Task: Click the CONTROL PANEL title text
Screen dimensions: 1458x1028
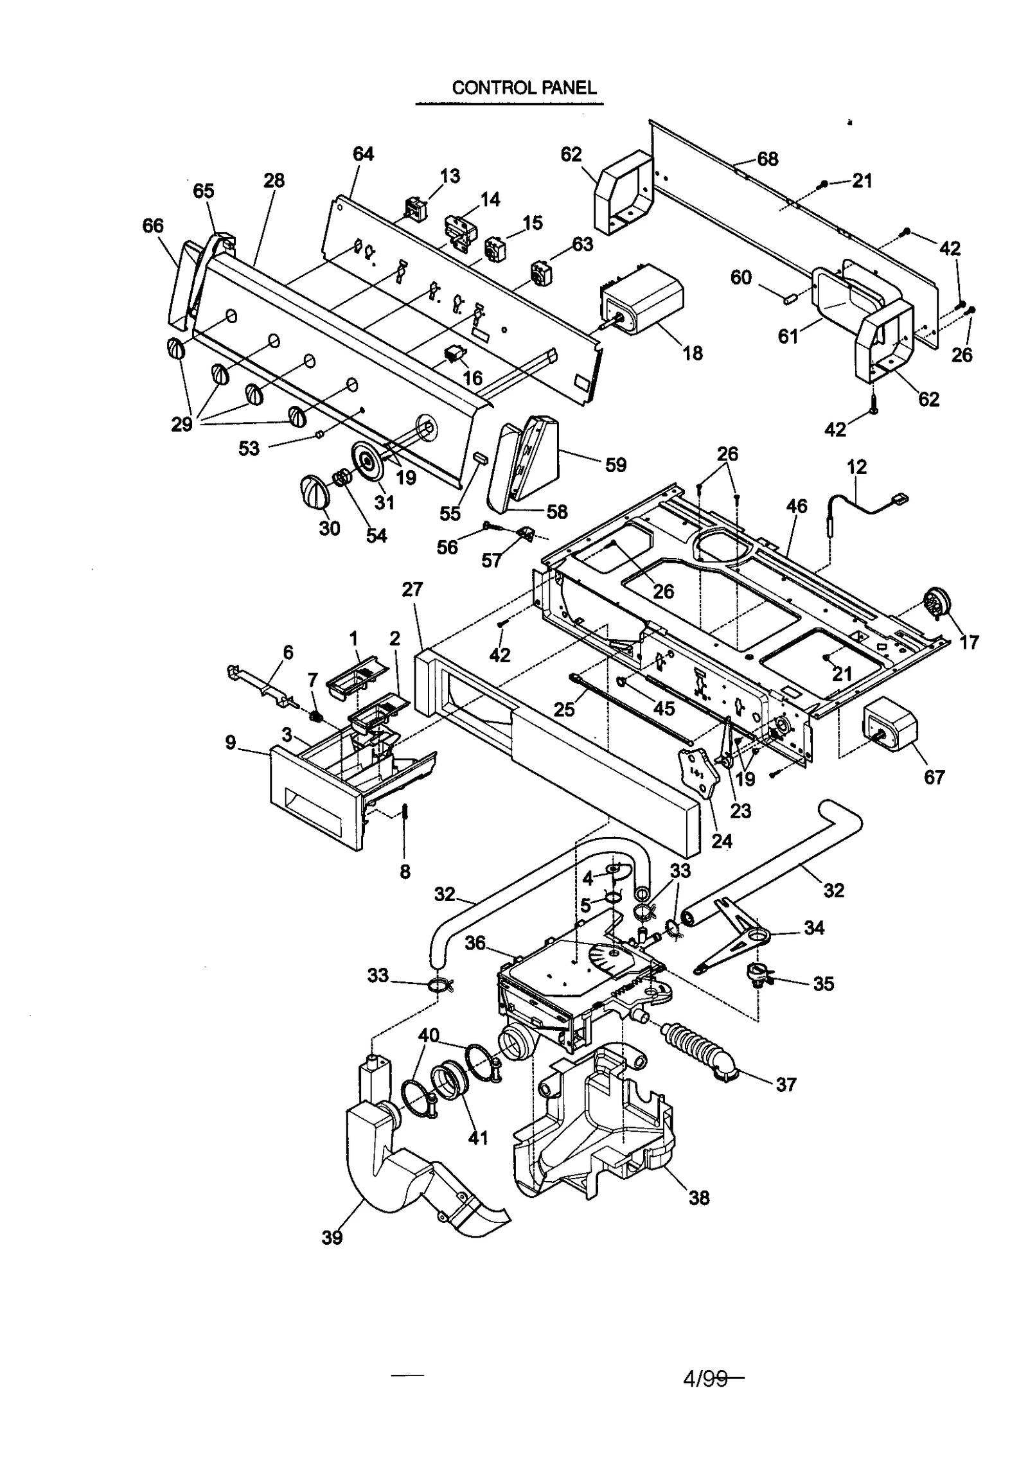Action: click(524, 87)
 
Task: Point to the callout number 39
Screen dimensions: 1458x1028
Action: click(332, 1237)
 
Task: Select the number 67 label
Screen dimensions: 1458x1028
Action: click(934, 777)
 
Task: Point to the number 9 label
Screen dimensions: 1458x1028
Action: click(230, 742)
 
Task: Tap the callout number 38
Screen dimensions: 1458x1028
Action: click(699, 1197)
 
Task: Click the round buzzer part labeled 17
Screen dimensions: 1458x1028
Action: click(935, 604)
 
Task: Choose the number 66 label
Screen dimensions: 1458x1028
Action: click(153, 225)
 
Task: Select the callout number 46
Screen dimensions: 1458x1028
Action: click(797, 506)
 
